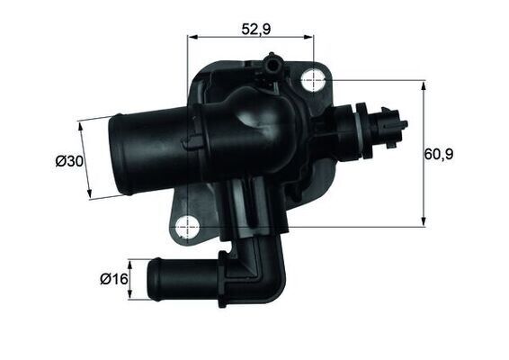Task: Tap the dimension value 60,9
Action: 439,154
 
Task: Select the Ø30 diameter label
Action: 68,161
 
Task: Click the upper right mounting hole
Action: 313,79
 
